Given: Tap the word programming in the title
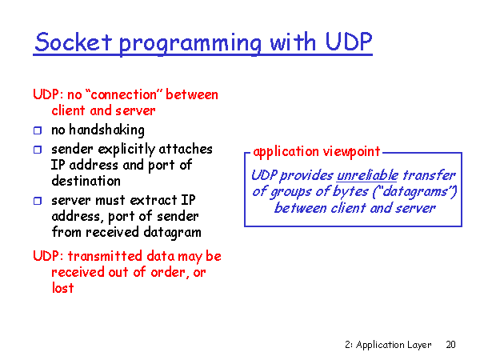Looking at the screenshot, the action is point(190,44).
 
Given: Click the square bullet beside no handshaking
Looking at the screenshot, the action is point(38,130).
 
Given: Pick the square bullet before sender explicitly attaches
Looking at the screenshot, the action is point(38,150).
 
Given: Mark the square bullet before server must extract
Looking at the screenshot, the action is point(38,201).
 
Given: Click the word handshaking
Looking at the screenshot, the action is point(107,130).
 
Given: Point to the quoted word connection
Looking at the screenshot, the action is point(124,94).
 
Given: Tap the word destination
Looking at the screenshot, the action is point(86,181).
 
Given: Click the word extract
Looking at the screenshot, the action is point(154,201).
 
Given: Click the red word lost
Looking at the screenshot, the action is point(62,288).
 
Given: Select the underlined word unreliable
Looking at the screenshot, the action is point(367,176).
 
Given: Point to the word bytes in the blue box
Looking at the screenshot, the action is point(350,192).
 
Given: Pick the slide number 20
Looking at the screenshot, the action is point(450,345).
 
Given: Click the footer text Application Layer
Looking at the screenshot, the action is point(394,345).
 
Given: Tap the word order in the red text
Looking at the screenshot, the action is point(168,272).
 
